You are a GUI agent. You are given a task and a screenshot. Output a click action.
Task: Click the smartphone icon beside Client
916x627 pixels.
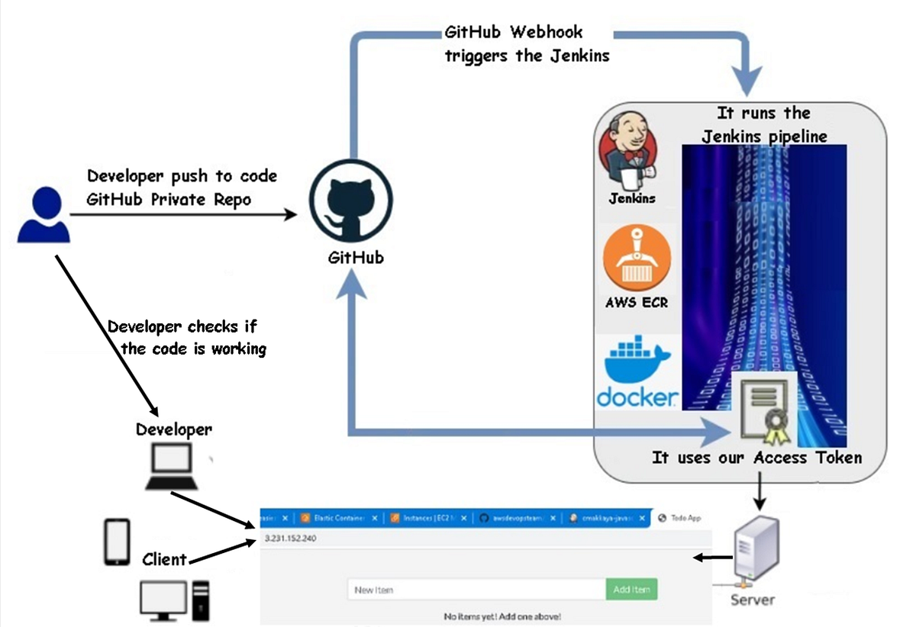click(x=117, y=542)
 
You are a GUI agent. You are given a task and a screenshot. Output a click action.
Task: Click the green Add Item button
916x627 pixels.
click(x=631, y=590)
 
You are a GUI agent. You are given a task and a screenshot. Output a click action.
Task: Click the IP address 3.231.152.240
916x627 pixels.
click(x=291, y=539)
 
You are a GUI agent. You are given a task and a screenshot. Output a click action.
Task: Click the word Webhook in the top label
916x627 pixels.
click(x=547, y=32)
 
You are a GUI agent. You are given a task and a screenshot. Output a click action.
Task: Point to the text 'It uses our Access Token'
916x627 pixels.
click(x=756, y=458)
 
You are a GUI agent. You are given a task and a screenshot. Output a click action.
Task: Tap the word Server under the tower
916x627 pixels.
click(x=752, y=600)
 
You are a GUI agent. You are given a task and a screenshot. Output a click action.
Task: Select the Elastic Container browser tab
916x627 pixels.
click(x=338, y=518)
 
